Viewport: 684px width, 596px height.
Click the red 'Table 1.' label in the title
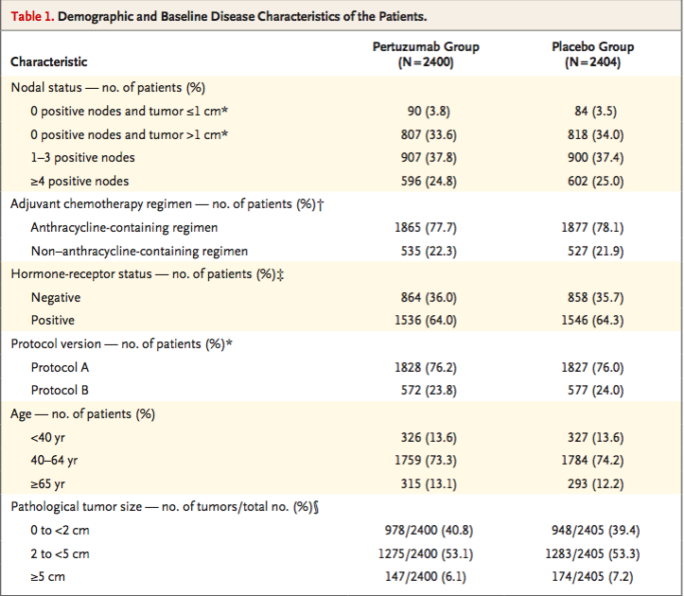[33, 17]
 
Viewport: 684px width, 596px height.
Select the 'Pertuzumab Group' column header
[426, 46]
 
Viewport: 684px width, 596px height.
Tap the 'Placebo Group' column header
[593, 46]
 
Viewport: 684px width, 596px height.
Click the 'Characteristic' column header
[49, 61]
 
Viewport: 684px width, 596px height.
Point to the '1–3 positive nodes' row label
[82, 157]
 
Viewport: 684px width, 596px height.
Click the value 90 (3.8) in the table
[429, 111]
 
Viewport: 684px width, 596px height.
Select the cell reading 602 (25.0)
[595, 181]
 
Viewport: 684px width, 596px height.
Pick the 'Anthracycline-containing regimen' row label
[124, 228]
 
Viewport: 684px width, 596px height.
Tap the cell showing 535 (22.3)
[429, 252]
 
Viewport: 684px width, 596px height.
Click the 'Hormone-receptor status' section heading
[81, 274]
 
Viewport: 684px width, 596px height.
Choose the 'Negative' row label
[56, 298]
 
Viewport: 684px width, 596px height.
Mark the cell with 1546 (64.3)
[592, 321]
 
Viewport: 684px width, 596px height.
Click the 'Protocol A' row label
[60, 367]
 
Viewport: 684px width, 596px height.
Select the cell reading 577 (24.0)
[595, 390]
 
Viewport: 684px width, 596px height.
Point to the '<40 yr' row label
[47, 437]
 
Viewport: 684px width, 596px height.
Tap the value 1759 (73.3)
[426, 461]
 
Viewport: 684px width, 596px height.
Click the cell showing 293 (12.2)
[595, 483]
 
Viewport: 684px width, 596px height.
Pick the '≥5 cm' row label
[47, 577]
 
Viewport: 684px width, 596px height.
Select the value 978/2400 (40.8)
[429, 530]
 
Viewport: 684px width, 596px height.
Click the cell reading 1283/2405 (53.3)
[592, 553]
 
